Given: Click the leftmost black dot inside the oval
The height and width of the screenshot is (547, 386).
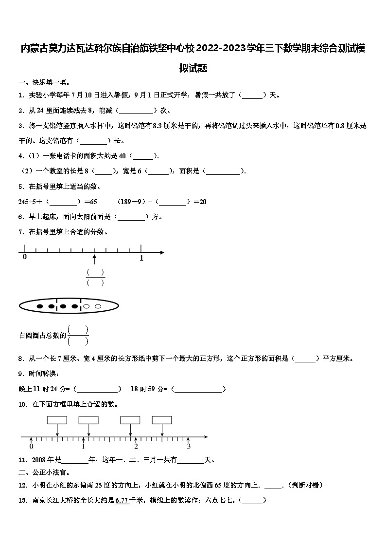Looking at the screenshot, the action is click(x=39, y=306).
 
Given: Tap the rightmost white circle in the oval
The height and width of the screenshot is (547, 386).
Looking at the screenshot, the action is click(x=98, y=306).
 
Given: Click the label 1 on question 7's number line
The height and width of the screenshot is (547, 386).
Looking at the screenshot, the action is click(x=141, y=259).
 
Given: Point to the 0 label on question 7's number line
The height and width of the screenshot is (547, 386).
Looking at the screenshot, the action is click(x=25, y=257).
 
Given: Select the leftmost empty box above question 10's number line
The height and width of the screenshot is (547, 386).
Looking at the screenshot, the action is click(x=57, y=420).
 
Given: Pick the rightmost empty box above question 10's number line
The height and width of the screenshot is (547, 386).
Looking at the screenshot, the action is click(x=162, y=420).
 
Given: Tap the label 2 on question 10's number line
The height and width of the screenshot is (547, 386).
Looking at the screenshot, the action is click(x=136, y=446).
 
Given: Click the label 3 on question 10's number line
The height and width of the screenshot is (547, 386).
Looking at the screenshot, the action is click(x=189, y=446).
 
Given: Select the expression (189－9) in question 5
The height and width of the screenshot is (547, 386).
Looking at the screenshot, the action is click(x=131, y=202).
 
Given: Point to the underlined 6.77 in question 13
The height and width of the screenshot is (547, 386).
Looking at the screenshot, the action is click(x=122, y=500).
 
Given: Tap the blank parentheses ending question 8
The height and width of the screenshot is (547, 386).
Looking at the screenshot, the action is click(x=306, y=358).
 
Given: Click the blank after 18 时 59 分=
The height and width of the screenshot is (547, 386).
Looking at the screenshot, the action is click(x=199, y=389).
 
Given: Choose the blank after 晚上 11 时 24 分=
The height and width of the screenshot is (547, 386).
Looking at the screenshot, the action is click(x=97, y=389).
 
